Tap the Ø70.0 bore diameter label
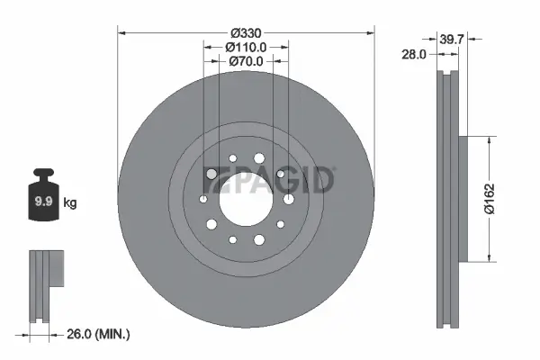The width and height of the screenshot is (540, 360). [246, 61]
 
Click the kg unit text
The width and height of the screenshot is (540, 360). [70, 203]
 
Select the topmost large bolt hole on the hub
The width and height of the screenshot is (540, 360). [260, 159]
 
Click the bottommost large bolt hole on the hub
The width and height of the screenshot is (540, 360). [259, 239]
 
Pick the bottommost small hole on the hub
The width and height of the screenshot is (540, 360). [233, 239]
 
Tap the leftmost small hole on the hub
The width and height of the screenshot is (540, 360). [203, 200]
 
